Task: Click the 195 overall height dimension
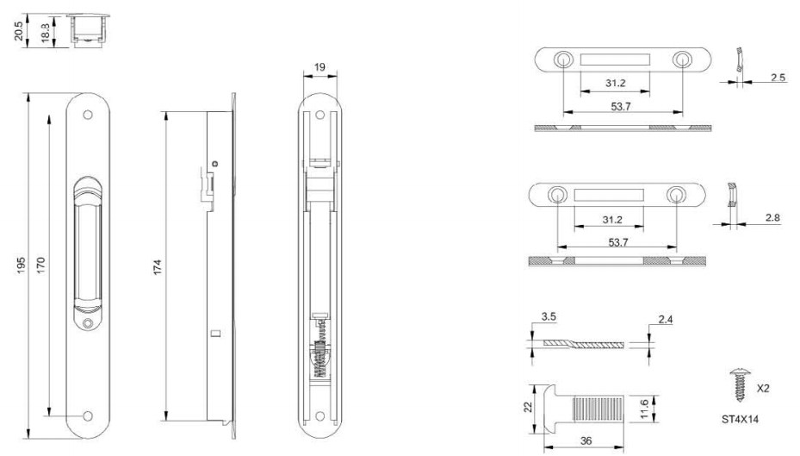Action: [21, 265]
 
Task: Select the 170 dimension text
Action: [40, 265]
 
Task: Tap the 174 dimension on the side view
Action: [157, 267]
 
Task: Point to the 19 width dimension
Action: [319, 67]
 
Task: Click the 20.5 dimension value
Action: [19, 31]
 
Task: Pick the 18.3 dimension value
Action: [45, 32]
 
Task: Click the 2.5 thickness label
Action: [778, 78]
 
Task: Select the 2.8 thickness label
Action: [772, 217]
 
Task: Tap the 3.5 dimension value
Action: [549, 316]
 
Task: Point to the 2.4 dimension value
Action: [666, 320]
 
